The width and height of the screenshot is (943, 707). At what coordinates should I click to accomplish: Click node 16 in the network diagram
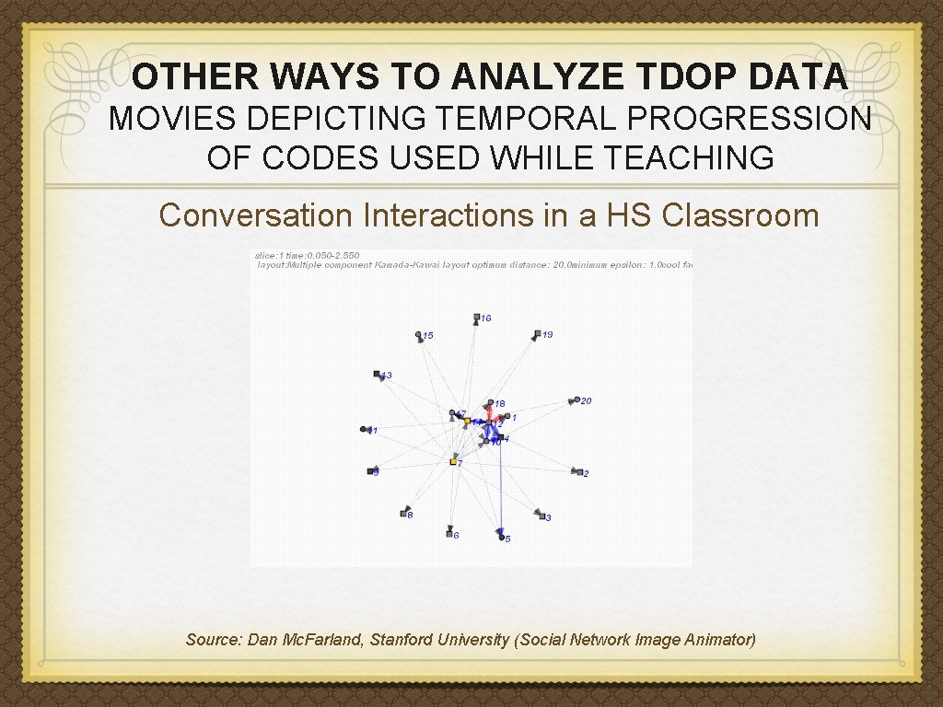click(x=476, y=318)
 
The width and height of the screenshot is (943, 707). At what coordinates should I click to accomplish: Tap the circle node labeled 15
click(x=419, y=335)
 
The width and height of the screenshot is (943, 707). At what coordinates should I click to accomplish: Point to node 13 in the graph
click(x=378, y=374)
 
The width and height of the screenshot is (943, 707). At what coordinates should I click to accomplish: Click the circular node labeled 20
click(x=576, y=400)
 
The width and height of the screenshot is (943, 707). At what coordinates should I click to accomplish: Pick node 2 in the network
click(x=578, y=471)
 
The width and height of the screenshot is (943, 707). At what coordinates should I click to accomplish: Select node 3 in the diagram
click(x=541, y=516)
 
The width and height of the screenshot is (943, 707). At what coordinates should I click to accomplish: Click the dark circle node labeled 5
click(x=502, y=537)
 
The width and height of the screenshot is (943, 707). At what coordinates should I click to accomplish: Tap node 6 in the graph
click(x=449, y=533)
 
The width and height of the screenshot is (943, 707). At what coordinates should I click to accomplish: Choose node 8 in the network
click(x=404, y=513)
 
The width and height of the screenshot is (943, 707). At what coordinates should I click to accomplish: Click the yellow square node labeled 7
click(x=453, y=461)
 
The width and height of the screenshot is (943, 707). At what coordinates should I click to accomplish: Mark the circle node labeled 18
click(x=490, y=402)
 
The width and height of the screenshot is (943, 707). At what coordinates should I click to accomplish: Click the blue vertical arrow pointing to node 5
click(x=500, y=488)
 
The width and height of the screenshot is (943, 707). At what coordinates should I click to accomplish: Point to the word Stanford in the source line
click(x=402, y=640)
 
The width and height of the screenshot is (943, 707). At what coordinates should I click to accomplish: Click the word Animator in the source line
click(x=720, y=640)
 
